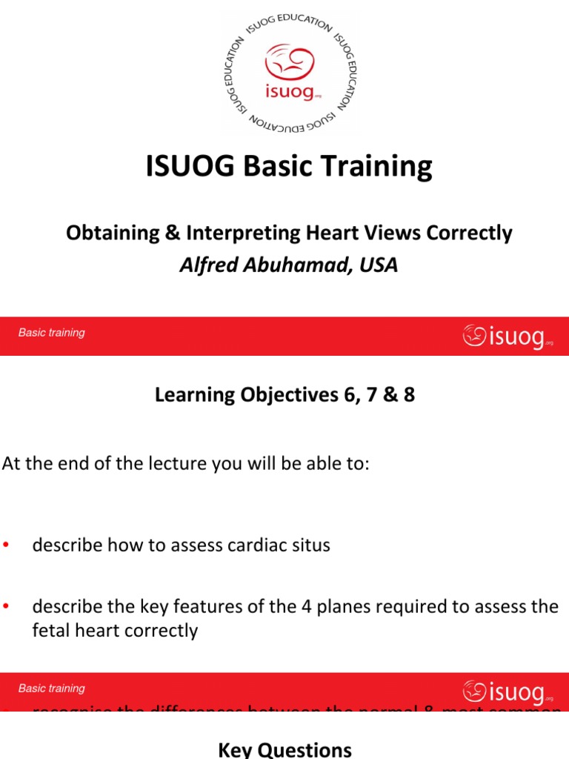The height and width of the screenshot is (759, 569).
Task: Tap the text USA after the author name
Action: (379, 265)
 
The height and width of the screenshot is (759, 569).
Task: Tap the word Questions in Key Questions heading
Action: (314, 749)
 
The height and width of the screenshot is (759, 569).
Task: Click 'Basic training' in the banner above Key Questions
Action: (52, 689)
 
